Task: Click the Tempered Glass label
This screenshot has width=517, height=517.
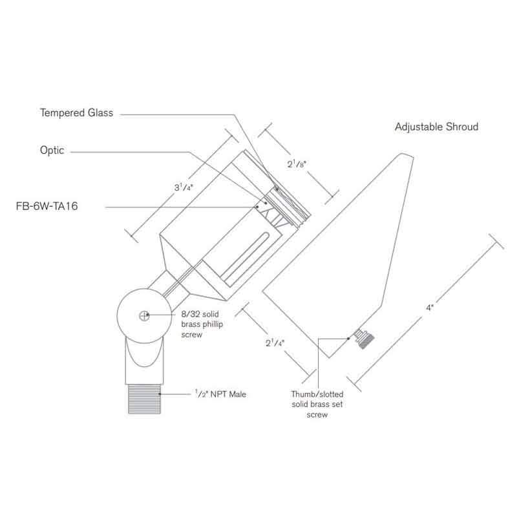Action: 76,113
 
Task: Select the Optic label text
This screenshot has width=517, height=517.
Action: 52,150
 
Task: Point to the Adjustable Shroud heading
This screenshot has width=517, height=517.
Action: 436,127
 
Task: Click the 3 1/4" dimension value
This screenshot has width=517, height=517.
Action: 182,189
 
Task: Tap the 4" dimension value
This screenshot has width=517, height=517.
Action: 428,308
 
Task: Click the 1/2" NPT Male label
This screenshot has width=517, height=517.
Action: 220,393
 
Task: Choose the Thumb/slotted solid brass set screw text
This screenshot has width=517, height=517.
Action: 317,403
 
